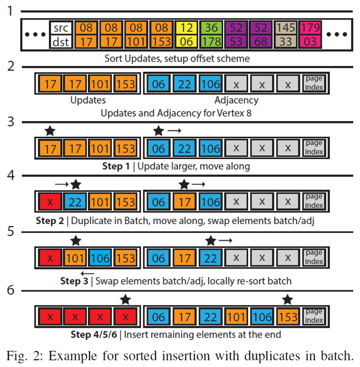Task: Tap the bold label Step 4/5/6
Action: click(x=95, y=335)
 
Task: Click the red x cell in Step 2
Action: click(x=50, y=202)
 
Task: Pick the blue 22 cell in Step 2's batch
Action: click(x=75, y=202)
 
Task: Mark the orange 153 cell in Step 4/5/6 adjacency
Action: click(x=288, y=317)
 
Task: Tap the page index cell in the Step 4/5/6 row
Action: click(x=314, y=317)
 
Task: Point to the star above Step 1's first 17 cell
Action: click(x=50, y=130)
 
